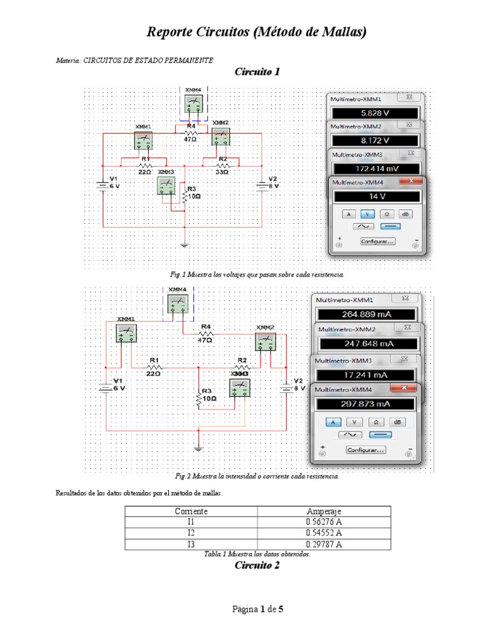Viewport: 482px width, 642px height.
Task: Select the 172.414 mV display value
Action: coord(375,169)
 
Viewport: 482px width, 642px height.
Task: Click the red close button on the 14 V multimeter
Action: coord(413,182)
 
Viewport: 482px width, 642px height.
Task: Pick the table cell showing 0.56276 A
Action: coord(324,522)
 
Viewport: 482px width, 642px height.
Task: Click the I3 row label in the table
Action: coord(191,544)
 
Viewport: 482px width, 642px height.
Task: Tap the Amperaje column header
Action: coord(324,511)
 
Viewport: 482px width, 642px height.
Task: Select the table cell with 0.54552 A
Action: coord(324,533)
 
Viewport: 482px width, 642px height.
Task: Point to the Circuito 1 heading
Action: coord(257,71)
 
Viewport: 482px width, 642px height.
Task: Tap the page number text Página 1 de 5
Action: coord(258,609)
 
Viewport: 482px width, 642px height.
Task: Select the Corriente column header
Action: coord(191,511)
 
